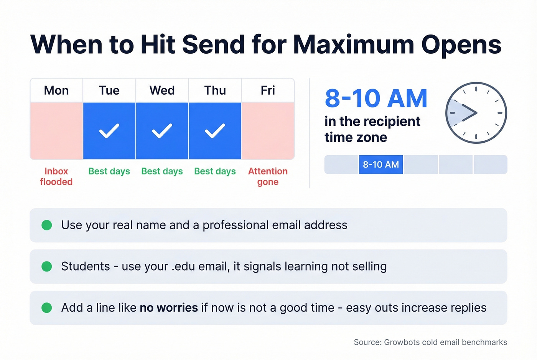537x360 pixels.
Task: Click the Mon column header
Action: (56, 90)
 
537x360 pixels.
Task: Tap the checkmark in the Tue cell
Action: (109, 131)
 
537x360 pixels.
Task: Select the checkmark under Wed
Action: (162, 131)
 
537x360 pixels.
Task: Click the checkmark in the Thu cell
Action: (215, 131)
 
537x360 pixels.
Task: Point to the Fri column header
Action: (268, 90)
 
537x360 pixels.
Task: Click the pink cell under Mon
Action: (56, 131)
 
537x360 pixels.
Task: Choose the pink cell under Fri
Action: (268, 131)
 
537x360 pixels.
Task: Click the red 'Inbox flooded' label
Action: (56, 176)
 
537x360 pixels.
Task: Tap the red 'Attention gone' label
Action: (268, 176)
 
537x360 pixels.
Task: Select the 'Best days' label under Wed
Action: (162, 171)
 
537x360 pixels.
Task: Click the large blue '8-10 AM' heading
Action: (376, 99)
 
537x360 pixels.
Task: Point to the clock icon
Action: (476, 113)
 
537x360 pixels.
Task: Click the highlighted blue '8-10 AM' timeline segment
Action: (381, 164)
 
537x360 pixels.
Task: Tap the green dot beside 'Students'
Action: (47, 266)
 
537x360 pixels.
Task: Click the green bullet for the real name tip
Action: (47, 225)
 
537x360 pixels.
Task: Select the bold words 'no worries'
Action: (169, 307)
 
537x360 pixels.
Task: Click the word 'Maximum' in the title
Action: (354, 44)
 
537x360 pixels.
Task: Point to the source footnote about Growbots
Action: (430, 342)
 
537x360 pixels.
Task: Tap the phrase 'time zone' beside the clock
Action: (356, 137)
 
